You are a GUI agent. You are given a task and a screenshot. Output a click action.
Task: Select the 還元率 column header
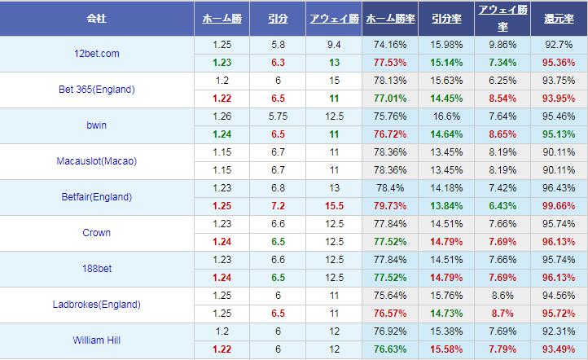559,18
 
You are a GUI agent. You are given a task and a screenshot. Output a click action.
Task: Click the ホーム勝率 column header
389,18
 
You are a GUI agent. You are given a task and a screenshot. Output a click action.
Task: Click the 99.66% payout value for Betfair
559,206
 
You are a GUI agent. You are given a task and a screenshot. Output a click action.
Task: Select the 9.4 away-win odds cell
334,45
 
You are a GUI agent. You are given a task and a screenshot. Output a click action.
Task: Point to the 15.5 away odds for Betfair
334,206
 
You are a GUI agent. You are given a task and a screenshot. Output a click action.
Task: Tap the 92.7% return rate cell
559,45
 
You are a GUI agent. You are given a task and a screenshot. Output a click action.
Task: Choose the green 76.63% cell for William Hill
389,349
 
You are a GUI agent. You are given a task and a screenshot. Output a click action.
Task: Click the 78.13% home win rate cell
389,81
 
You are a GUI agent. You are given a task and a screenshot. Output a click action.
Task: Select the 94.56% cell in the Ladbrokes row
559,296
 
